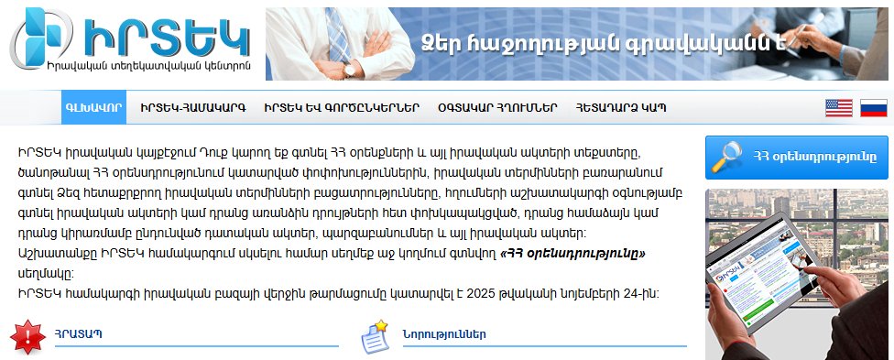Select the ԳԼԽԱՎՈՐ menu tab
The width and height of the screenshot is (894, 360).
point(93,107)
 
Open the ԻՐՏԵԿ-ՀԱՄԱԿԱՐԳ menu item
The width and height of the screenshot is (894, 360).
point(193,107)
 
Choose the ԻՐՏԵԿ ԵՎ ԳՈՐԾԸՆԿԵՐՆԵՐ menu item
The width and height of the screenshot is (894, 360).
point(341,107)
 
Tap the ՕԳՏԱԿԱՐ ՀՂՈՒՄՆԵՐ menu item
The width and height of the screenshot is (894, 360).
point(497,107)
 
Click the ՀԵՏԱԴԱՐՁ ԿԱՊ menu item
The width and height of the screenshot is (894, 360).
point(621,107)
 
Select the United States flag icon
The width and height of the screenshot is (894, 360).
point(838,108)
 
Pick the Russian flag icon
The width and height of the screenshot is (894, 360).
point(873,108)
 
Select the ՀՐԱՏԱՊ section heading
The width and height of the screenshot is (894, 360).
point(78,333)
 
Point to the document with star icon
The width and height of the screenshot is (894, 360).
point(375,335)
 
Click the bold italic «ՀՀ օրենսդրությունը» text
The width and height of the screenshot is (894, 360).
point(573,254)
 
